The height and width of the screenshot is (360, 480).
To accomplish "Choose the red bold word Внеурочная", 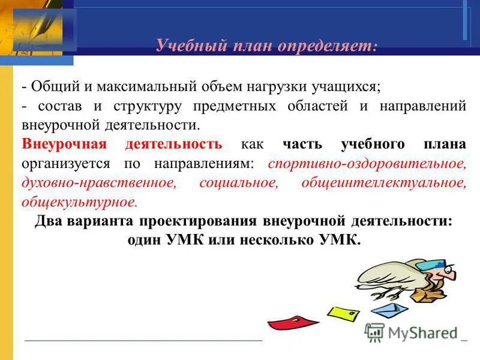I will coord(64,144).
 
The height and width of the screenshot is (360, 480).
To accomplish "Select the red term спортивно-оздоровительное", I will coord(367,163).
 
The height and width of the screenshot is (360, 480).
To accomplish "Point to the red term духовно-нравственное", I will coord(98,183).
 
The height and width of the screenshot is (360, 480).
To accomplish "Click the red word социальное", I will coord(238,183).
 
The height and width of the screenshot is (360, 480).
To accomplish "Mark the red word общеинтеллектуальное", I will coord(385,183).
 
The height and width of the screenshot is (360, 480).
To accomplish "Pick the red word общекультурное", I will coord(79,202).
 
